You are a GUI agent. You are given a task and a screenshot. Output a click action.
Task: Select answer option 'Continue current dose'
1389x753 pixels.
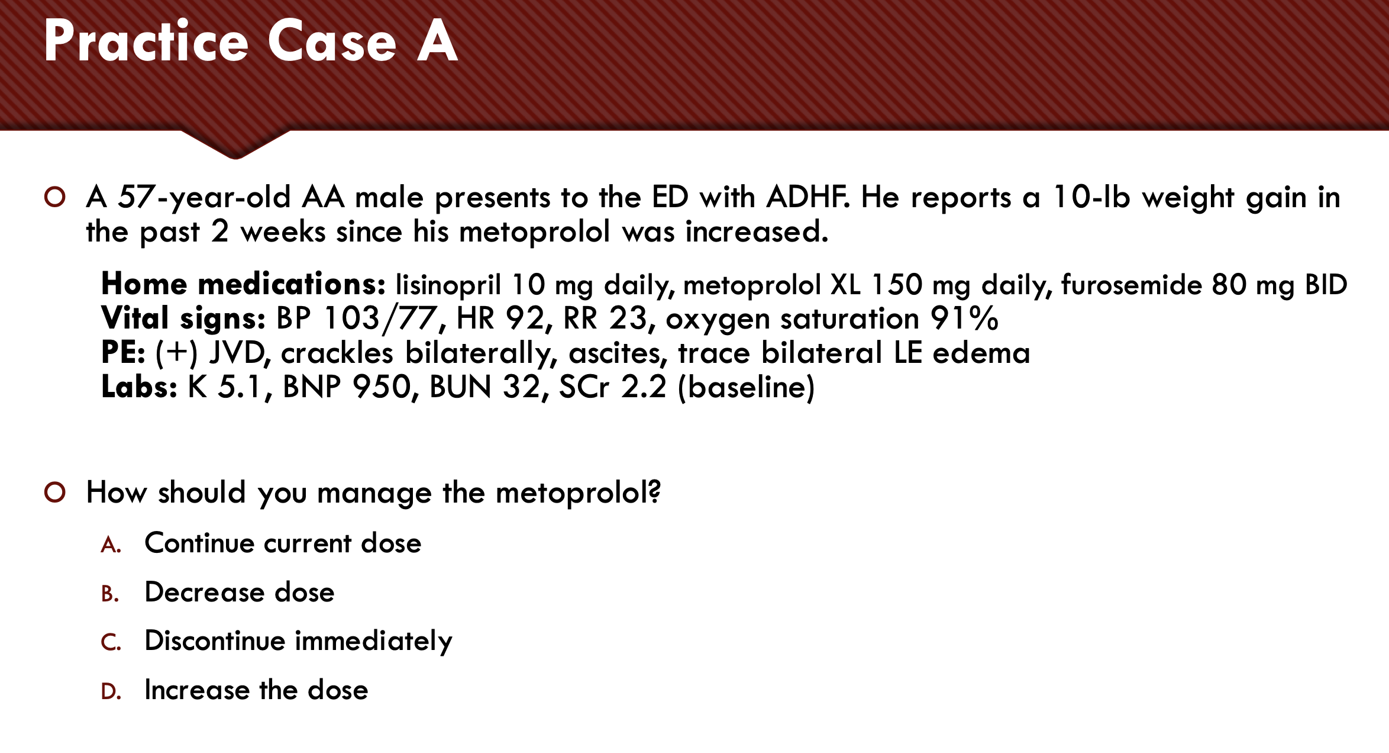pyautogui.click(x=283, y=543)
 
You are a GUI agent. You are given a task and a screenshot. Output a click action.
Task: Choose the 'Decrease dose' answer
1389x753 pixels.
pyautogui.click(x=240, y=592)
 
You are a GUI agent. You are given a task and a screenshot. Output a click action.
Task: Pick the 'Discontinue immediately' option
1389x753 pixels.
pyautogui.click(x=299, y=642)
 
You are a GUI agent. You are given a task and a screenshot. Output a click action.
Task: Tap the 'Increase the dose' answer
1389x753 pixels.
pyautogui.click(x=256, y=690)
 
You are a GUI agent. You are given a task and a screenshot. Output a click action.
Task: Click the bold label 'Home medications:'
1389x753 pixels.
pyautogui.click(x=243, y=284)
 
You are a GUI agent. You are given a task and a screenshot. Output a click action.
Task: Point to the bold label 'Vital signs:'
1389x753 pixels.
pyautogui.click(x=183, y=319)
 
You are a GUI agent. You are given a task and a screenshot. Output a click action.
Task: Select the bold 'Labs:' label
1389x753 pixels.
pyautogui.click(x=139, y=387)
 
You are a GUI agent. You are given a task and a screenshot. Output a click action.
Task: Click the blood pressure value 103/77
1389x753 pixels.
pyautogui.click(x=381, y=318)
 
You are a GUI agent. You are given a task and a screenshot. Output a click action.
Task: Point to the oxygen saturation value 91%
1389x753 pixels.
pyautogui.click(x=964, y=318)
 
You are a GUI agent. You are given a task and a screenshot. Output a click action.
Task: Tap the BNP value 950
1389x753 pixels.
pyautogui.click(x=382, y=387)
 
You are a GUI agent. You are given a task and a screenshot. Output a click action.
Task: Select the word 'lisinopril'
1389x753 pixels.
pyautogui.click(x=448, y=285)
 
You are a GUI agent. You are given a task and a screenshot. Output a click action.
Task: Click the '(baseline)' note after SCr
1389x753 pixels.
pyautogui.click(x=746, y=387)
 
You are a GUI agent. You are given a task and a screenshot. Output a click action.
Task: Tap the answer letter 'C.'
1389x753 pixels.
pyautogui.click(x=111, y=642)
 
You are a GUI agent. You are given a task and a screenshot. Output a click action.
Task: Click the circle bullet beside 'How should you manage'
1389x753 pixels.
pyautogui.click(x=54, y=493)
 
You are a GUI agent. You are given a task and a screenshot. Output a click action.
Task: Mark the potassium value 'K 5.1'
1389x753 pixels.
pyautogui.click(x=224, y=387)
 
